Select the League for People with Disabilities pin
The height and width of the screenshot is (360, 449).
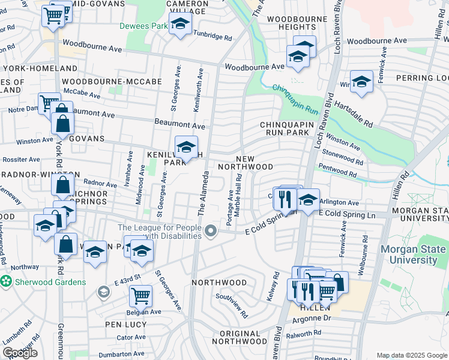click(x=210, y=231)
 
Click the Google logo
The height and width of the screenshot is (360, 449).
click(x=20, y=353)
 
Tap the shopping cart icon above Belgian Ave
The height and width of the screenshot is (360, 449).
click(x=140, y=294)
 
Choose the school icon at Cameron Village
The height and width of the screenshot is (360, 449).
click(x=179, y=24)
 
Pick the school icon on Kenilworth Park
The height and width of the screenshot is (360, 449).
click(x=186, y=147)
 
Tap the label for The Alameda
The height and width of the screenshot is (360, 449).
click(x=202, y=194)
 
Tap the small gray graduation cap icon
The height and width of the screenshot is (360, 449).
click(x=103, y=292)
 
